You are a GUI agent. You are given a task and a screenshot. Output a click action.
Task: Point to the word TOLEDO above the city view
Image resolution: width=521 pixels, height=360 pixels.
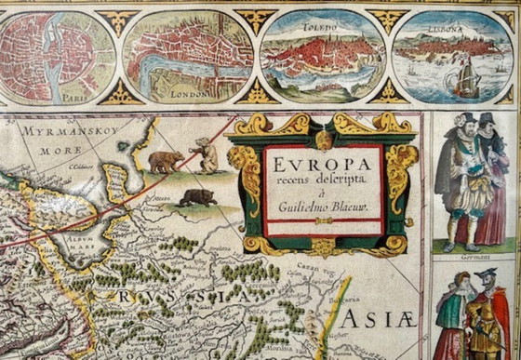click(320, 27)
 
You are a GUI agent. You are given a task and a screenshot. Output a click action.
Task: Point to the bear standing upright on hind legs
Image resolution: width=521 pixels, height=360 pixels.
click(207, 154)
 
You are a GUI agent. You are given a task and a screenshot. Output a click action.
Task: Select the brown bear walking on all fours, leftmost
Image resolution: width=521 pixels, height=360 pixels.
click(166, 161)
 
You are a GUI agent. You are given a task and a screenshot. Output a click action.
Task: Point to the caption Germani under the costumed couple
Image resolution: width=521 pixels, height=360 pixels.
click(470, 252)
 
